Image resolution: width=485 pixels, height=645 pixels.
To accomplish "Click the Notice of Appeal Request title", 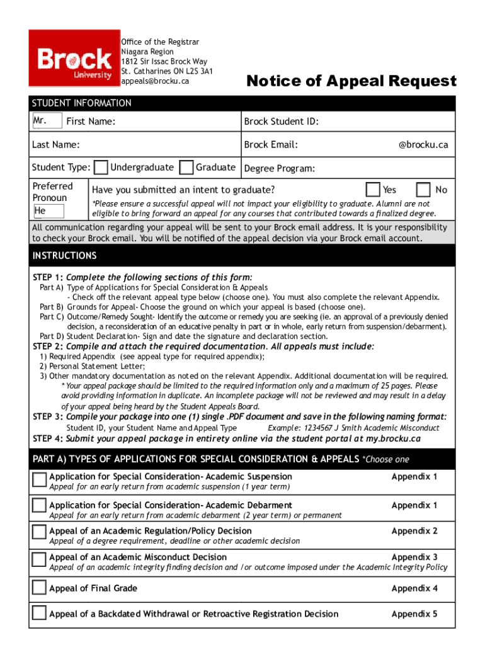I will [351, 81].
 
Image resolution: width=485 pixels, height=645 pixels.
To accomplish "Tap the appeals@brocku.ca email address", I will [155, 81].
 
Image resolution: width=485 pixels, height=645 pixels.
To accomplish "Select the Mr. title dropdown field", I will [47, 121].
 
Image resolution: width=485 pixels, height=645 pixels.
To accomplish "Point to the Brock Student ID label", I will [281, 122].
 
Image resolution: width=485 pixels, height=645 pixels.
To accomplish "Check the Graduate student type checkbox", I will [186, 168].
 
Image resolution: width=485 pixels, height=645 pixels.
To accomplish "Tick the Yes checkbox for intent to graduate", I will [373, 190].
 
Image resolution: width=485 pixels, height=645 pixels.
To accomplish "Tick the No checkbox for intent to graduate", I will [424, 190].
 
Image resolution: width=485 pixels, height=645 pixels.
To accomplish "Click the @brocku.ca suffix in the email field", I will [423, 145].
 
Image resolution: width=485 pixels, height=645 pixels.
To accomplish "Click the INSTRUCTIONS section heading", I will [65, 256].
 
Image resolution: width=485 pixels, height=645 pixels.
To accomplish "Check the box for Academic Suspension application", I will [40, 480].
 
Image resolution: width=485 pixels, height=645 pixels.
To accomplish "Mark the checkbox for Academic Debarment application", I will [40, 505].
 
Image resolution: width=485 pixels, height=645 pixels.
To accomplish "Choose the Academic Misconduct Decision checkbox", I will [40, 559].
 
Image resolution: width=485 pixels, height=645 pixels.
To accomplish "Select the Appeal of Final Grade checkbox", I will [40, 589].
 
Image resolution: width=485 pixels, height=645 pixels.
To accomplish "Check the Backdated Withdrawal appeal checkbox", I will [40, 614].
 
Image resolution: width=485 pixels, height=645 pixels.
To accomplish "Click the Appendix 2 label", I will [414, 531].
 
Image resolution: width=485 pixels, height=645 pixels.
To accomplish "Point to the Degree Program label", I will [280, 168].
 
